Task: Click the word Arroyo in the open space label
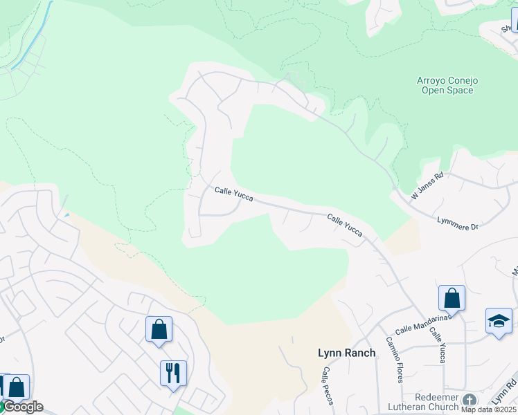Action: pyautogui.click(x=433, y=80)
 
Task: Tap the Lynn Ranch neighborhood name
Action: pyautogui.click(x=346, y=353)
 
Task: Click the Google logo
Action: pyautogui.click(x=22, y=407)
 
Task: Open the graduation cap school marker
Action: pyautogui.click(x=499, y=322)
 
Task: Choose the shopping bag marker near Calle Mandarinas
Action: pyautogui.click(x=452, y=299)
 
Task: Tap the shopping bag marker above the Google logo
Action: pyautogui.click(x=17, y=387)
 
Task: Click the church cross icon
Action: pyautogui.click(x=470, y=400)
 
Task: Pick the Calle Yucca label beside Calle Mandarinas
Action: pyautogui.click(x=438, y=344)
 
